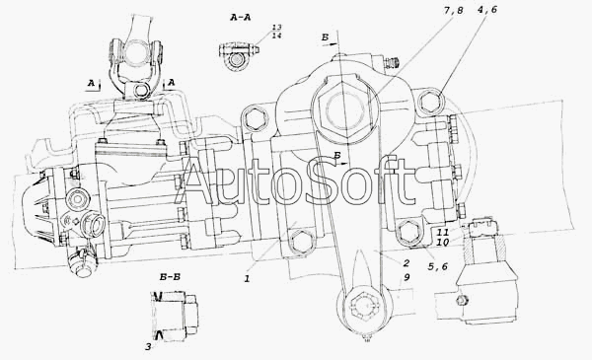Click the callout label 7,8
pos(453,10)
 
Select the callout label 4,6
pos(487,10)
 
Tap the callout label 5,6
pos(437,266)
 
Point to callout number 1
pos(247,279)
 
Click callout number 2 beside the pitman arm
pos(406,263)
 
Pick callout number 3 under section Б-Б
pos(148,347)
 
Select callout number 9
pos(407,277)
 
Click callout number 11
pos(443,232)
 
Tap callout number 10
pos(442,243)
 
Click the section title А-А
pos(241,18)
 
